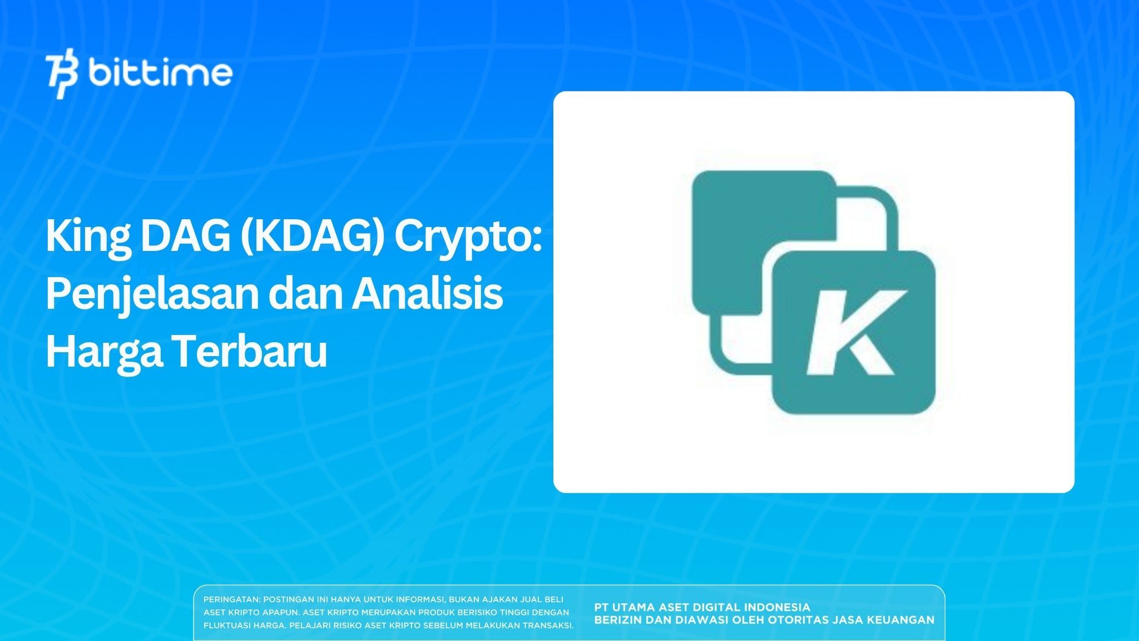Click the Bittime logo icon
(x=62, y=75)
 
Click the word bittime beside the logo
(x=160, y=73)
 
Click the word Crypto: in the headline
(x=468, y=237)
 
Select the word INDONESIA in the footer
(x=778, y=607)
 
